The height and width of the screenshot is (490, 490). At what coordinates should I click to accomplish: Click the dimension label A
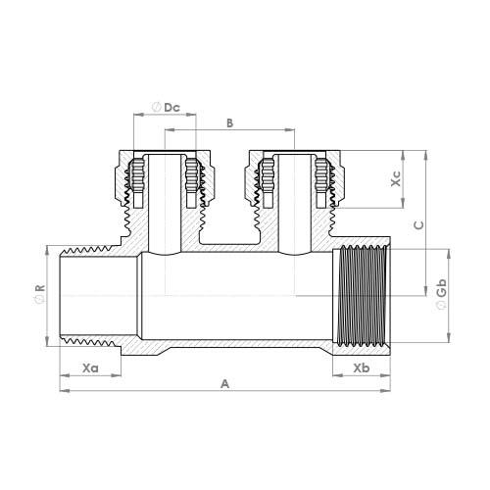click(x=224, y=384)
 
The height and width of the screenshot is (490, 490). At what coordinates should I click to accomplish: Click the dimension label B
click(x=228, y=122)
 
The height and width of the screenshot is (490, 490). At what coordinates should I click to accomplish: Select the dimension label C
click(x=417, y=223)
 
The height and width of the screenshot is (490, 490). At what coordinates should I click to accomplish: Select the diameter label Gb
click(x=443, y=292)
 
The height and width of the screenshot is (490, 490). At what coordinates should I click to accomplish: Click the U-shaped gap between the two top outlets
click(x=228, y=220)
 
